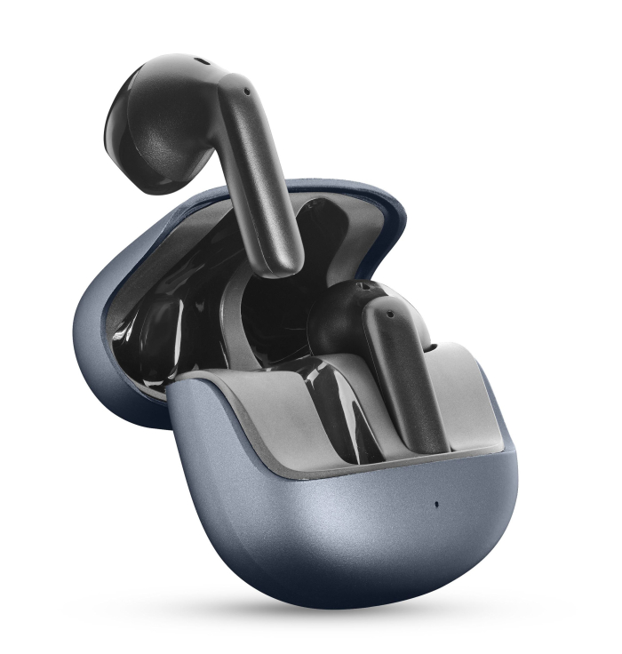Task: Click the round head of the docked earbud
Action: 342,315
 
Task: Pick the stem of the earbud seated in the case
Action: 404,373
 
